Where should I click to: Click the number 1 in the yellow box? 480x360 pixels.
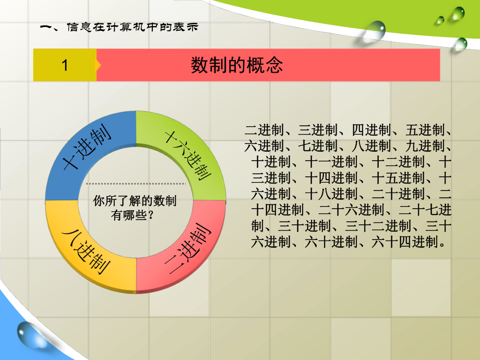click(65, 65)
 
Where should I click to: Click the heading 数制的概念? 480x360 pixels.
click(236, 65)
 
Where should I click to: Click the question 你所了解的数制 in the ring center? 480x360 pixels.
click(134, 202)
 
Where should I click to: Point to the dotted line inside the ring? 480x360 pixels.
click(136, 184)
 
